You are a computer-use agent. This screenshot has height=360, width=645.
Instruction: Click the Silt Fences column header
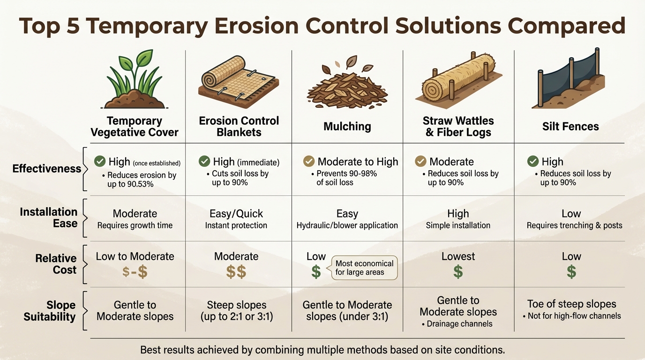[x=570, y=126]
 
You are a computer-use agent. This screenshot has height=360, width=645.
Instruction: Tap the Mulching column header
[x=347, y=126]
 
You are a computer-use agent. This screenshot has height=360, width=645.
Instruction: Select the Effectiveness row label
[x=46, y=169]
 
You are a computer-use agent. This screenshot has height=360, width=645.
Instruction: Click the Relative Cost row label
[x=55, y=264]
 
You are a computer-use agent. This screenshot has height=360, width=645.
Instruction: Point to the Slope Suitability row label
[x=49, y=311]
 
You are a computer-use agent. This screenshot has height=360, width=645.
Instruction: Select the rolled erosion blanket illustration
[x=239, y=77]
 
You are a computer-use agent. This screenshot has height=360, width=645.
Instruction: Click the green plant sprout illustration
[x=135, y=80]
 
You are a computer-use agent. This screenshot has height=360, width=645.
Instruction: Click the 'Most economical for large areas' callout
[x=364, y=268]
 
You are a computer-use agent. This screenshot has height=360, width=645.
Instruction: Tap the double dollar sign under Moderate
[x=236, y=272]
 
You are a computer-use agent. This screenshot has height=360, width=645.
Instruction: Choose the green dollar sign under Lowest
[x=458, y=272]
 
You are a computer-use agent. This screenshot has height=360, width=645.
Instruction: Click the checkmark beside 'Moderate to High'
[x=309, y=162]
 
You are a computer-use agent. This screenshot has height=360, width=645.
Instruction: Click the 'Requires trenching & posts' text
[x=574, y=225]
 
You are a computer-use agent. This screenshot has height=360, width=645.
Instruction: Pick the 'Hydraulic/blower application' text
[x=347, y=225]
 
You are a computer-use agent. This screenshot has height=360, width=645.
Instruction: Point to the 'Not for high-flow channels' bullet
[x=572, y=316]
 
